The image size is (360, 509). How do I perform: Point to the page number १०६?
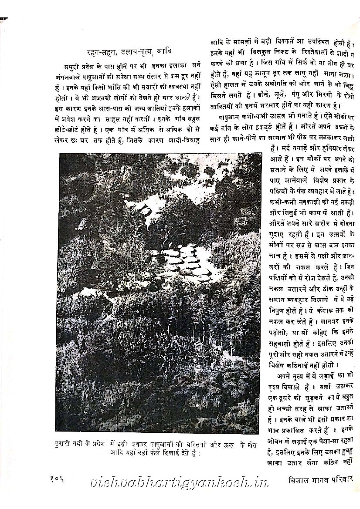click(57, 480)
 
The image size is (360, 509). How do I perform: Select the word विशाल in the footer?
click(290, 480)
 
